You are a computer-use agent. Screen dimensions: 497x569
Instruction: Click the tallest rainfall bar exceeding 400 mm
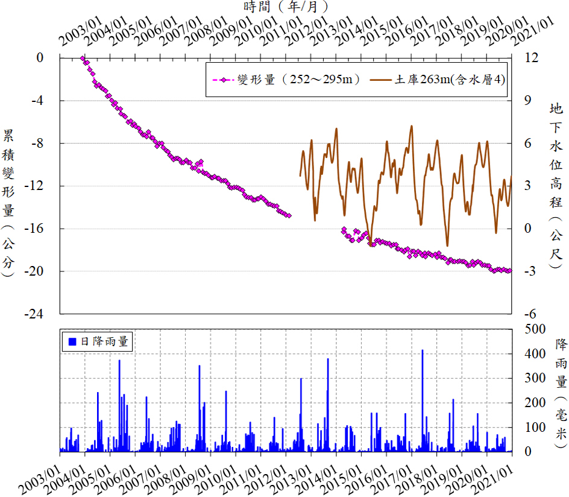coord(422,350)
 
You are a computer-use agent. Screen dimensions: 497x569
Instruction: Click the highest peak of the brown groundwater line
coord(412,126)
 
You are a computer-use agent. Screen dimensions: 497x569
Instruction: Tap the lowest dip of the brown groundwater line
coord(447,245)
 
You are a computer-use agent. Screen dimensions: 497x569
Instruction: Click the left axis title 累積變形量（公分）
coord(9,202)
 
